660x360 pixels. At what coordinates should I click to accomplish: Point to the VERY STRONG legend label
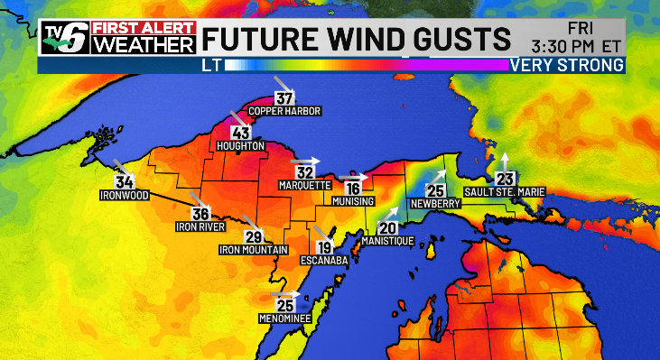(x=566, y=65)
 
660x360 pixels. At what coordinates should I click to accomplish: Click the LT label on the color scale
(x=210, y=65)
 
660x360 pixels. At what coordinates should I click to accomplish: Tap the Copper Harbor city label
(x=285, y=112)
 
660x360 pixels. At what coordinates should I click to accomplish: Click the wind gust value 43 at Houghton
(x=241, y=134)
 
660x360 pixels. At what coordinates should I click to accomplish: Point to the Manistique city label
(x=387, y=242)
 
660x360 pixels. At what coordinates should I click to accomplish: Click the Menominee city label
(x=284, y=318)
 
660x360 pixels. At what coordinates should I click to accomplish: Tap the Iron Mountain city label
(x=254, y=249)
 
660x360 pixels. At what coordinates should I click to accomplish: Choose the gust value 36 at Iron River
(x=200, y=214)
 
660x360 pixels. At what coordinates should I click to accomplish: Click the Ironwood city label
(x=124, y=194)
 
